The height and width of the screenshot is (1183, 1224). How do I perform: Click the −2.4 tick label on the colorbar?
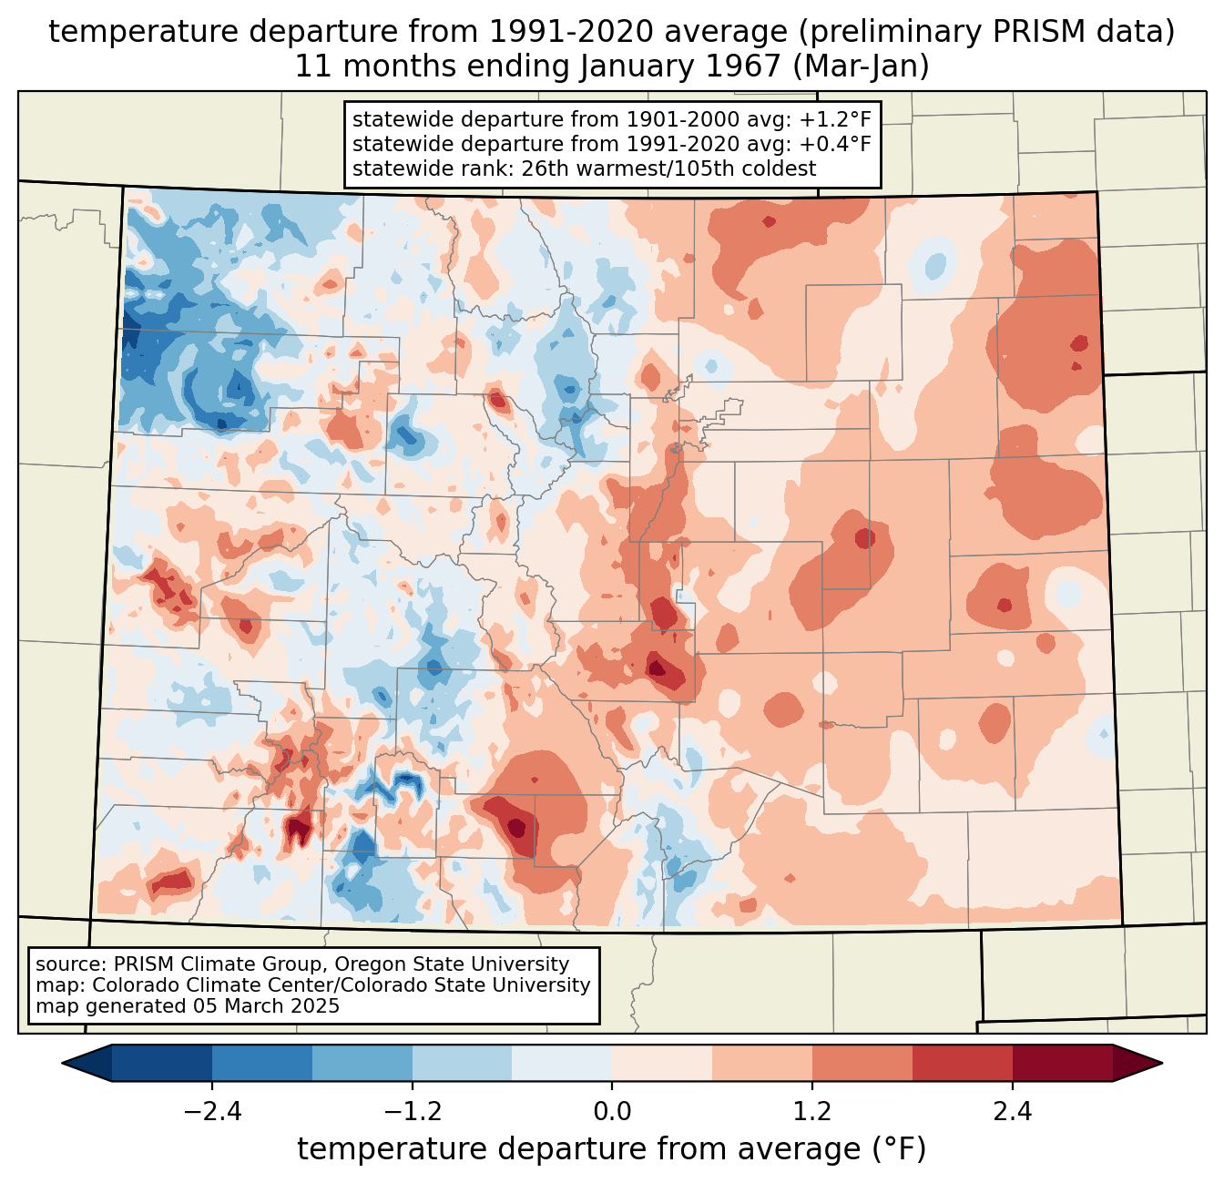pyautogui.click(x=212, y=1111)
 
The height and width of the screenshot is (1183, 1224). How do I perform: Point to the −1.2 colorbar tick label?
pyautogui.click(x=413, y=1111)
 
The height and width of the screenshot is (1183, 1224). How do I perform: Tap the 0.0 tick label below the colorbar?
pyautogui.click(x=612, y=1111)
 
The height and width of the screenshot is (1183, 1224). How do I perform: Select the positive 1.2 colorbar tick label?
pyautogui.click(x=812, y=1111)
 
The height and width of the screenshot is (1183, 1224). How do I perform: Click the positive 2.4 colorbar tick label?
pyautogui.click(x=1013, y=1111)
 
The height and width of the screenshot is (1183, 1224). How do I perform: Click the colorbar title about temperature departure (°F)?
pyautogui.click(x=612, y=1148)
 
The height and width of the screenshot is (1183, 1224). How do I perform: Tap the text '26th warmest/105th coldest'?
pyautogui.click(x=668, y=168)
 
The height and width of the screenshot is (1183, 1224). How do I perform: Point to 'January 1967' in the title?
pyautogui.click(x=680, y=67)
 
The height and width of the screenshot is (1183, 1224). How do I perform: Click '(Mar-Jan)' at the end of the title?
pyautogui.click(x=861, y=67)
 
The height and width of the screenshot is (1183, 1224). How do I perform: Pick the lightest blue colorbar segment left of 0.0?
pyautogui.click(x=562, y=1063)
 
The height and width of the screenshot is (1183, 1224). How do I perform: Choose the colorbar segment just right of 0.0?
pyautogui.click(x=662, y=1063)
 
